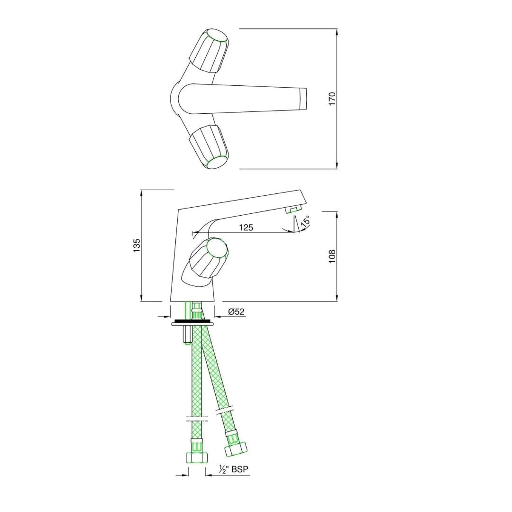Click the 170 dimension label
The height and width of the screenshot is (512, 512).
(332, 99)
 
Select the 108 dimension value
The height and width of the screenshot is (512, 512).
(332, 256)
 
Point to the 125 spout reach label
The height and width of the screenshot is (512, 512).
(246, 227)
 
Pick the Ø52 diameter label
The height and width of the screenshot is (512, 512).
(236, 312)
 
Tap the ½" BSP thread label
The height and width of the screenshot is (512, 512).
(234, 469)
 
